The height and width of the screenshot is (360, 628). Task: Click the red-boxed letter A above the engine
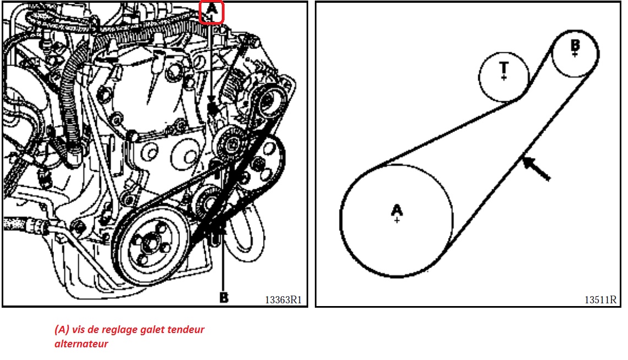click(211, 9)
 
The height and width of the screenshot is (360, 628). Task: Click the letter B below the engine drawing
click(224, 298)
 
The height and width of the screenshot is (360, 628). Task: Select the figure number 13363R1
click(283, 299)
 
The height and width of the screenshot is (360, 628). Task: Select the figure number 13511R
click(600, 299)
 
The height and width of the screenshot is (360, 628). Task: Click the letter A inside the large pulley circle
click(396, 210)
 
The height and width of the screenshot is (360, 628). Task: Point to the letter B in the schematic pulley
click(575, 45)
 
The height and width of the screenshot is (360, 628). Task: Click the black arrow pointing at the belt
click(536, 168)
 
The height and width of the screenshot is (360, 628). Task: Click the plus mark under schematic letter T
click(504, 77)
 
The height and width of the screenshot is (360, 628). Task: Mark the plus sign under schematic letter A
click(396, 220)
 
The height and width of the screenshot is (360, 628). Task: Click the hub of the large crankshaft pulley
click(151, 245)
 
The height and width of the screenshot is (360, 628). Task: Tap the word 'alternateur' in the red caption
click(81, 344)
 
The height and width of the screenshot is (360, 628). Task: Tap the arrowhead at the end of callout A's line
click(211, 101)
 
